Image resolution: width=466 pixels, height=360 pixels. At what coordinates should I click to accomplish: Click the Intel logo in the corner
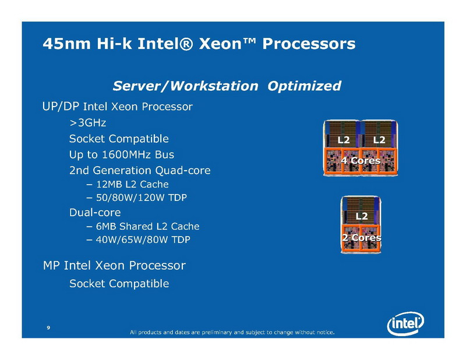pyautogui.click(x=405, y=323)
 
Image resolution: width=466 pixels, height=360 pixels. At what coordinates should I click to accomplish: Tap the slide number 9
pyautogui.click(x=48, y=327)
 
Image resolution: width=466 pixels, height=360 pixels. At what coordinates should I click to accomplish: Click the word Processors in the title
pyautogui.click(x=309, y=44)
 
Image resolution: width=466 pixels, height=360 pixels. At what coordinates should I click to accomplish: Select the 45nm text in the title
pyautogui.click(x=66, y=44)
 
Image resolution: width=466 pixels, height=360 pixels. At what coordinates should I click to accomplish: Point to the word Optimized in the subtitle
pyautogui.click(x=304, y=86)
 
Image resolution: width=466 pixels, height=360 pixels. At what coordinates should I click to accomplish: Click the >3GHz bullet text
pyautogui.click(x=88, y=122)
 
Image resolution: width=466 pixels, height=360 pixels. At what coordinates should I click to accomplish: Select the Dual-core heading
pyautogui.click(x=95, y=212)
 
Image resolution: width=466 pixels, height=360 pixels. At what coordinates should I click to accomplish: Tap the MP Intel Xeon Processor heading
pyautogui.click(x=114, y=266)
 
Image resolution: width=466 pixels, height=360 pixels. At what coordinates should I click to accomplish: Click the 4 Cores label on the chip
pyautogui.click(x=361, y=161)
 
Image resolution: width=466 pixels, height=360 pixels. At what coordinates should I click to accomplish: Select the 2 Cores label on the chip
pyautogui.click(x=361, y=238)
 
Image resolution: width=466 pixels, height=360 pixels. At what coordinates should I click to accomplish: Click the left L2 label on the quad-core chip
pyautogui.click(x=344, y=140)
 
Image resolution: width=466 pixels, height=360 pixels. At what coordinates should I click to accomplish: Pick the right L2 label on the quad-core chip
pyautogui.click(x=379, y=140)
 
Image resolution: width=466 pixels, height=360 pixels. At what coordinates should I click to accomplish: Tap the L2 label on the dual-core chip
pyautogui.click(x=362, y=216)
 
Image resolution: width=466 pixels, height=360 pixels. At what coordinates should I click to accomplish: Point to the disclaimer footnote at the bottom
pyautogui.click(x=232, y=332)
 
